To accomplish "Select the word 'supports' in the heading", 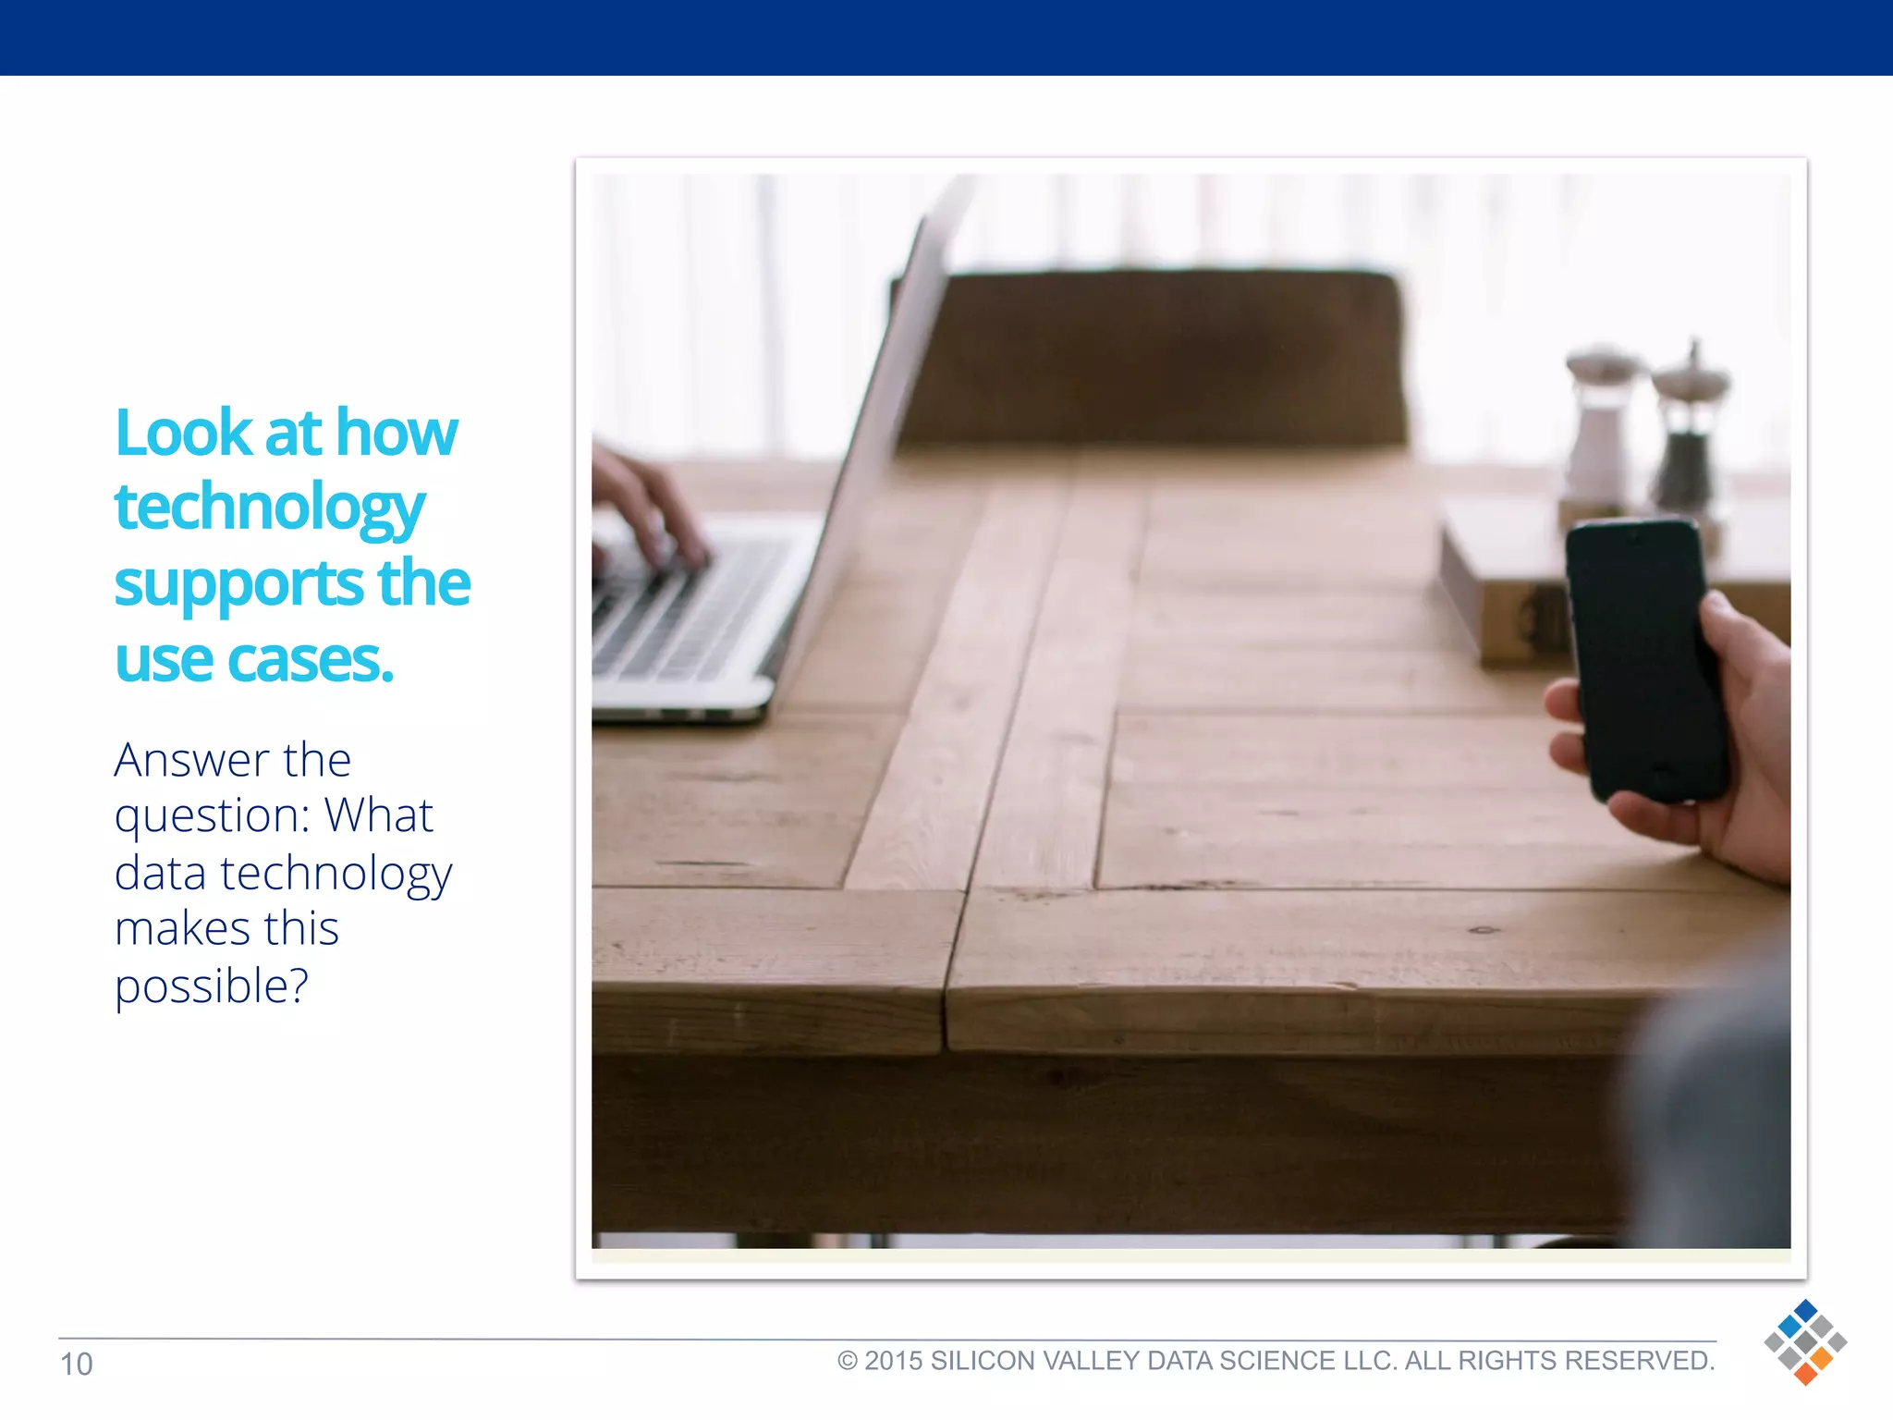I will pos(238,585).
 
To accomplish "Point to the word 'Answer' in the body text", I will pos(191,761).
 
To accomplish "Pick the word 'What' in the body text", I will pos(378,815).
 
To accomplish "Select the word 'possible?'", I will pos(211,986).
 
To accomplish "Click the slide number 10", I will pos(76,1365).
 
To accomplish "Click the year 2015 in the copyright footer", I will pos(893,1361).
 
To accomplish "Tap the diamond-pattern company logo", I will pos(1804,1341).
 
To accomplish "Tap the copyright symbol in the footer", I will pos(847,1361).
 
